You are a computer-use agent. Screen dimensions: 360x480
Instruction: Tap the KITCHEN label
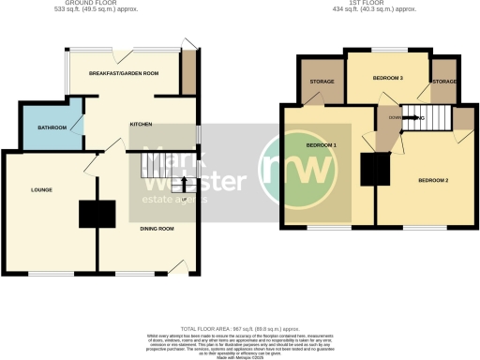pos(141,124)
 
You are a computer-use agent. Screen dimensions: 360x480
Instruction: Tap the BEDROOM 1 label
pos(322,147)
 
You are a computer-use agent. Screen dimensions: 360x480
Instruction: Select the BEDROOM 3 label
pos(387,78)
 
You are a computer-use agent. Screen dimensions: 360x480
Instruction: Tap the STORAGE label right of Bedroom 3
pos(444,82)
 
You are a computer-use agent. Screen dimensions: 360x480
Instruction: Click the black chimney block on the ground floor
pos(97,215)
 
